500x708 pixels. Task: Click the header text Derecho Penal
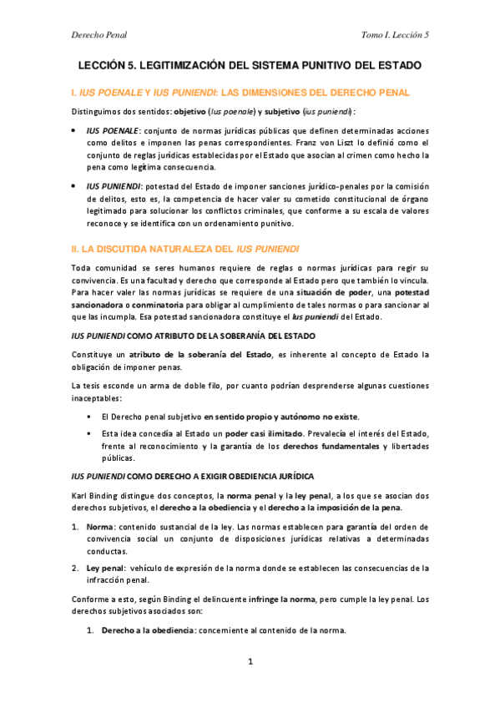[x=97, y=34]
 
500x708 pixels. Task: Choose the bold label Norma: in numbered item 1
[x=101, y=528]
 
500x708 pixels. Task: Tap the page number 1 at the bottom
[x=250, y=662]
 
